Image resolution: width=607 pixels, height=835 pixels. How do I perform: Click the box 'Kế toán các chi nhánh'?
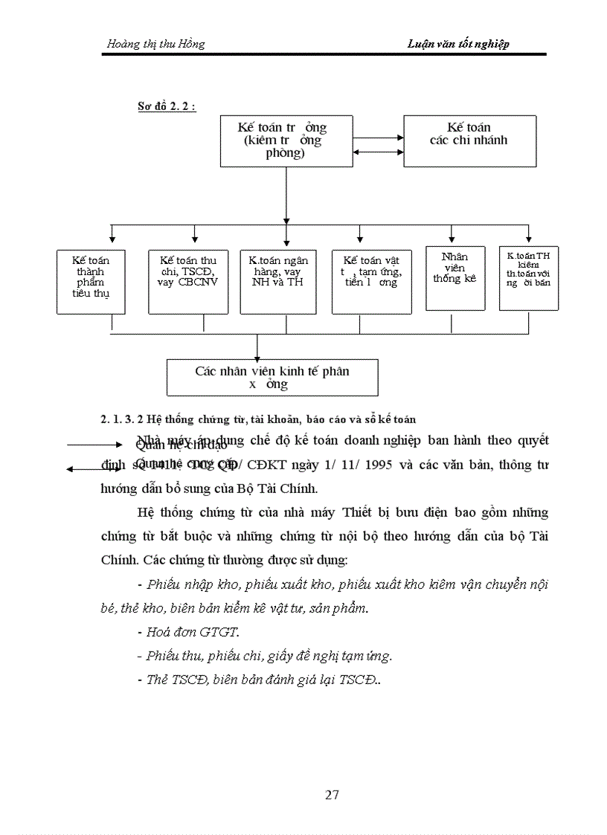469,141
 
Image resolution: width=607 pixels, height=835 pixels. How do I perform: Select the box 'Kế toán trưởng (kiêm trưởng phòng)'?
286,141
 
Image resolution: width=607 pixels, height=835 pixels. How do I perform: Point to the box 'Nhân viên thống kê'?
455,277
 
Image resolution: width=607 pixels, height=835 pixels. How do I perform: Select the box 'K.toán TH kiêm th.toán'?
529,277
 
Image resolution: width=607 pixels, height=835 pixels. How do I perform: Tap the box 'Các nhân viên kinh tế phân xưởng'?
272,377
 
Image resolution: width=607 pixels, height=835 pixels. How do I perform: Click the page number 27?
332,795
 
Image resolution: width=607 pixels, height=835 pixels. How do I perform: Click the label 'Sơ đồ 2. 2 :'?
167,106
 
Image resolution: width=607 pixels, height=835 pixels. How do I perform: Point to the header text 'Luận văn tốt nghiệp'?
458,44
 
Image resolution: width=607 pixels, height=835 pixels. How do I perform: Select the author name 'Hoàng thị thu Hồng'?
155,44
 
